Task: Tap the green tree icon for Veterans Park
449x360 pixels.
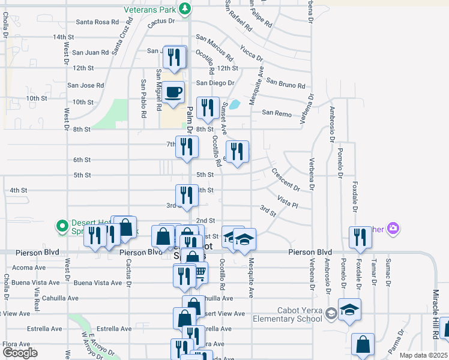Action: tap(186, 8)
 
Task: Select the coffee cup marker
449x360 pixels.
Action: tap(174, 92)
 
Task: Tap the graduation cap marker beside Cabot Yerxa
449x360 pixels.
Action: tap(349, 310)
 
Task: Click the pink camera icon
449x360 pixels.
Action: tap(393, 228)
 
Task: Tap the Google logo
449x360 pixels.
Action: tap(20, 353)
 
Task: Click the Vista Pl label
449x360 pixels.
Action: tap(288, 201)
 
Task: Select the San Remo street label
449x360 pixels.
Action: tap(276, 113)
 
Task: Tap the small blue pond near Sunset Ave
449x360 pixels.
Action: tap(235, 104)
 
